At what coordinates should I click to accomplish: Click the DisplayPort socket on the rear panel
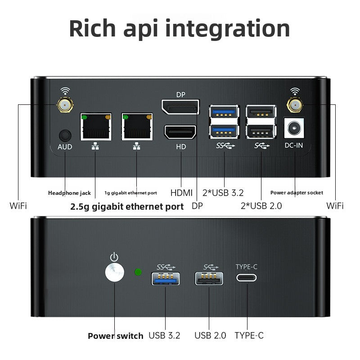(180, 107)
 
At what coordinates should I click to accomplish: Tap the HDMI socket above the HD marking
(180, 132)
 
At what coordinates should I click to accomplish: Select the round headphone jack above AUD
(65, 135)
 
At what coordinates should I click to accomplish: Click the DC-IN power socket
(294, 128)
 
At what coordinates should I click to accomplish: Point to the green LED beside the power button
(138, 272)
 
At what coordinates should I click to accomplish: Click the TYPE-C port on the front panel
(247, 278)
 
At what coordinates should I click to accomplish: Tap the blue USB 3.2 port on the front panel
(165, 279)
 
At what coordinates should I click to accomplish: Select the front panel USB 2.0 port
(209, 279)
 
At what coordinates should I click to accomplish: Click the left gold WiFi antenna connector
(65, 105)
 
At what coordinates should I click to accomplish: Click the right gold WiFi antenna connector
(295, 105)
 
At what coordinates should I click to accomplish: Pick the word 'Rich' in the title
(92, 28)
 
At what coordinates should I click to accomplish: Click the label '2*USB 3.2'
(223, 193)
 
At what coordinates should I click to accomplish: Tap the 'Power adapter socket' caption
(297, 193)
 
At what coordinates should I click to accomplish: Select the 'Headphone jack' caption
(69, 193)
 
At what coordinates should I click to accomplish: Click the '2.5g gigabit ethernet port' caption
(127, 207)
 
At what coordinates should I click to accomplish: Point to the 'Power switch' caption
(116, 336)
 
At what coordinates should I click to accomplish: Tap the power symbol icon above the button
(114, 257)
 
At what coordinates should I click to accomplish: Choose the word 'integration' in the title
(227, 29)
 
